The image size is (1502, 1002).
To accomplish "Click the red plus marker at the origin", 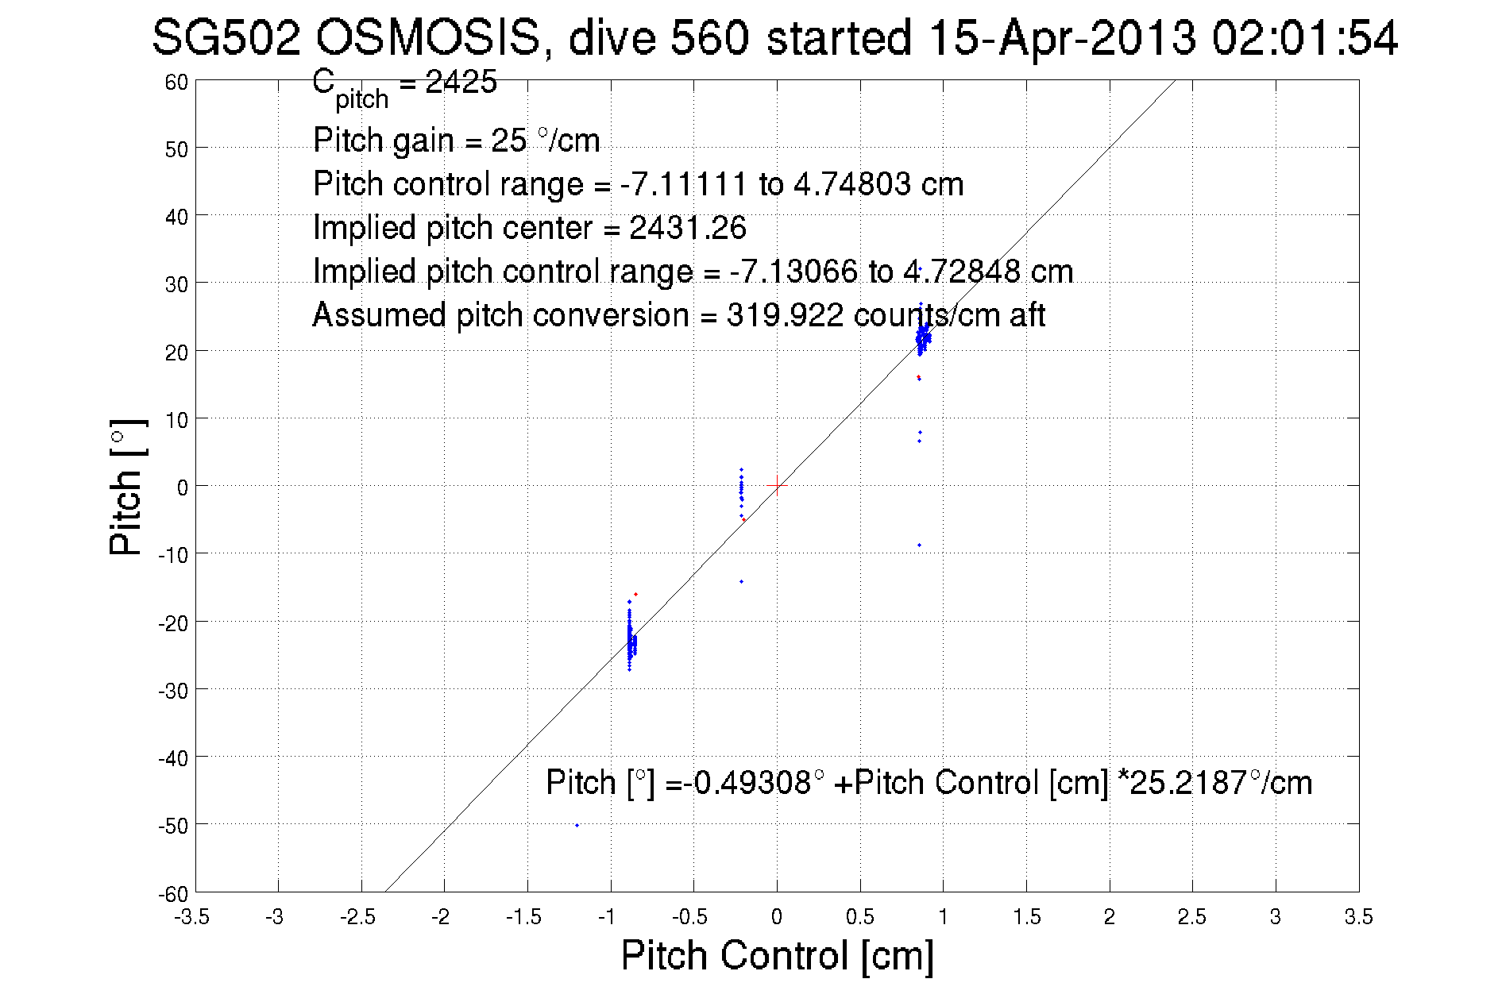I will pyautogui.click(x=777, y=485).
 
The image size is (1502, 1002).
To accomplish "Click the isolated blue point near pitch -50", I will pyautogui.click(x=577, y=825).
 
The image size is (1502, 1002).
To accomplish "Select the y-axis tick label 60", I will pyautogui.click(x=176, y=83).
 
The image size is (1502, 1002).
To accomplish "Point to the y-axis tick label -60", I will pyautogui.click(x=172, y=894).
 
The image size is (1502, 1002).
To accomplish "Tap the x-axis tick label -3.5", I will pyautogui.click(x=191, y=917).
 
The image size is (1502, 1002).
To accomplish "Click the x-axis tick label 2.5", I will pyautogui.click(x=1191, y=917).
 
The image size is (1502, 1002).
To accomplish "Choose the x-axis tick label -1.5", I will pyautogui.click(x=523, y=917).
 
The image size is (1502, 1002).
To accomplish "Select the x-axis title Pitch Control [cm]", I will pyautogui.click(x=777, y=954).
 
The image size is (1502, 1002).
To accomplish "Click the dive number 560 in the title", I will pyautogui.click(x=709, y=38).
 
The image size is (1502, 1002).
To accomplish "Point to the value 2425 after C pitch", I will pyautogui.click(x=461, y=82).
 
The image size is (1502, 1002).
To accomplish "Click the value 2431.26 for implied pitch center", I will pyautogui.click(x=688, y=228).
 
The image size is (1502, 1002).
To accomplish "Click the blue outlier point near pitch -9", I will pyautogui.click(x=919, y=545).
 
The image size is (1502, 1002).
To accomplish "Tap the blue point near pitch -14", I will pyautogui.click(x=742, y=581).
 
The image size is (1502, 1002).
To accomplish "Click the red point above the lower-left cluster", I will pyautogui.click(x=635, y=594).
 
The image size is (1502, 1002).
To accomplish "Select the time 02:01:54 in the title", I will pyautogui.click(x=1303, y=38).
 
